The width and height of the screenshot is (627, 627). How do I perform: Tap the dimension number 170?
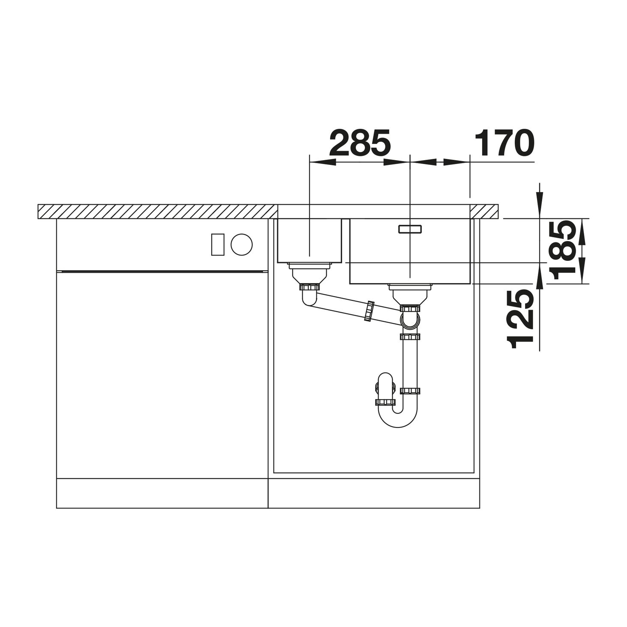coord(504,143)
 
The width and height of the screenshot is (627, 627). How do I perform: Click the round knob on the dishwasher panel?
coord(242,244)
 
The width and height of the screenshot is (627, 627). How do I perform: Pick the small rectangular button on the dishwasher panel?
coord(218,245)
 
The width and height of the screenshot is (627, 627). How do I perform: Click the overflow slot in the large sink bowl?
coord(410,229)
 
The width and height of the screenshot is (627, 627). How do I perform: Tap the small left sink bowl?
coord(309,240)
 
